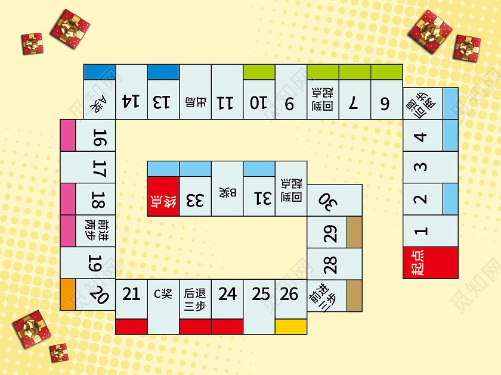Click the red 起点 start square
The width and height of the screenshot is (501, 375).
point(430,262)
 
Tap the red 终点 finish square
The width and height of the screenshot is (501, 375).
point(163,196)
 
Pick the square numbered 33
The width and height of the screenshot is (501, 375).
point(195,199)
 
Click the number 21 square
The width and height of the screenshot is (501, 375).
point(131,293)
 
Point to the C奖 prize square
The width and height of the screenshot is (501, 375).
point(163,293)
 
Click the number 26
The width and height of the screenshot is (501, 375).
point(290,293)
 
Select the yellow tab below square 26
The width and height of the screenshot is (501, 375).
point(291,327)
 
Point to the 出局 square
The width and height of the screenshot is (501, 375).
point(195,101)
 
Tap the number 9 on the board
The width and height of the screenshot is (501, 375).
point(290,103)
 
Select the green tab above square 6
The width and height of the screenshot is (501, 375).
point(386,72)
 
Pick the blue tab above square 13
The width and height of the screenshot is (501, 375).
point(163,72)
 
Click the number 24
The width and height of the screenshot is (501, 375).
point(227,293)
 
